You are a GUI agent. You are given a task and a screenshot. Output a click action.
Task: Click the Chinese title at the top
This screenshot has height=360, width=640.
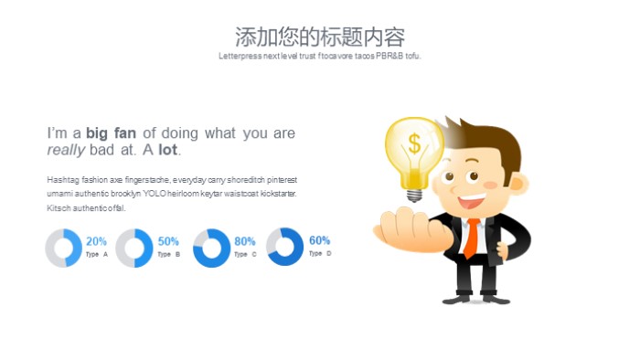pos(319,37)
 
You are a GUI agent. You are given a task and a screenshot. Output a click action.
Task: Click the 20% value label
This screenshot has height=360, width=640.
pos(96,241)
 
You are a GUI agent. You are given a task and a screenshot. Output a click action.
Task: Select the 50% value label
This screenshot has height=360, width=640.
pos(168,241)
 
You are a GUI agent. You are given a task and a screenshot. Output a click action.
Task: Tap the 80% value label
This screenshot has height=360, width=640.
pos(244,241)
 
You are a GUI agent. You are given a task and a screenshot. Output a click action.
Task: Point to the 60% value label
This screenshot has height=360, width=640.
pos(319,240)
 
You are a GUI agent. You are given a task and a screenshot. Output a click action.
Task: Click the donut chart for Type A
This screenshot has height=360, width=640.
pos(64,249)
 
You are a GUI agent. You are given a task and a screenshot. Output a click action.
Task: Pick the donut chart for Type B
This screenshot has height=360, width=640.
pos(135,249)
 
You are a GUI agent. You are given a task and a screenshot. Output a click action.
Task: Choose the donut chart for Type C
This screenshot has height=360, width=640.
pos(212,249)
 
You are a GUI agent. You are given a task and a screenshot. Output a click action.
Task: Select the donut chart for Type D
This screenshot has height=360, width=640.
pos(285,247)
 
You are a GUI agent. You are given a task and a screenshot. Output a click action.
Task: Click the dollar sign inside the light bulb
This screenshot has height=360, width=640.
pos(415,144)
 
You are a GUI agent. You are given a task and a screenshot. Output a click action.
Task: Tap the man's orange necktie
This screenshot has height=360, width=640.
pos(471,238)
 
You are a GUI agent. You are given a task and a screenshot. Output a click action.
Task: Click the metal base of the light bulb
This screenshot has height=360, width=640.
pos(415,194)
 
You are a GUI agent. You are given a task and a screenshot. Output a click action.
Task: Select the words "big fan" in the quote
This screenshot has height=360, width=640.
pos(112,133)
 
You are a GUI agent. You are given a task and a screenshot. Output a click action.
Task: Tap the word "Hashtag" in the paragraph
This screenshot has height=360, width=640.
pos(63,180)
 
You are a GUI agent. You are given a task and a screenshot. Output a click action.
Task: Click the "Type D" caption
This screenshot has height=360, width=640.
pos(320,253)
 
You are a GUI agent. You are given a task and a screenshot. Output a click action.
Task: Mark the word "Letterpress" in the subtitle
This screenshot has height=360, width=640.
pos(240,56)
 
